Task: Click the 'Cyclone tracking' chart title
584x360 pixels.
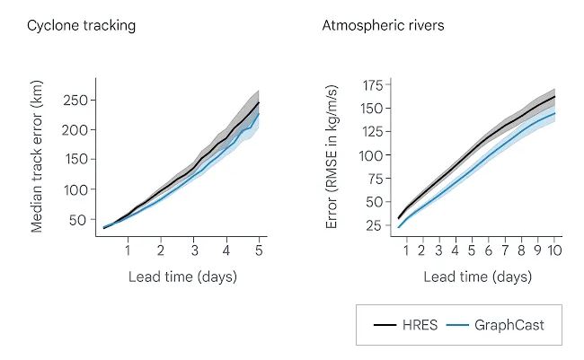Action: click(81, 25)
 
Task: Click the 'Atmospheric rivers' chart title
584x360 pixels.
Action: click(383, 25)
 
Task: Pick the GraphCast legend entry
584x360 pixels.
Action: click(508, 325)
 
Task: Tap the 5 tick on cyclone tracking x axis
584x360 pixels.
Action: click(259, 250)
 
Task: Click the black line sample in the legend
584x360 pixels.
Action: click(384, 325)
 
